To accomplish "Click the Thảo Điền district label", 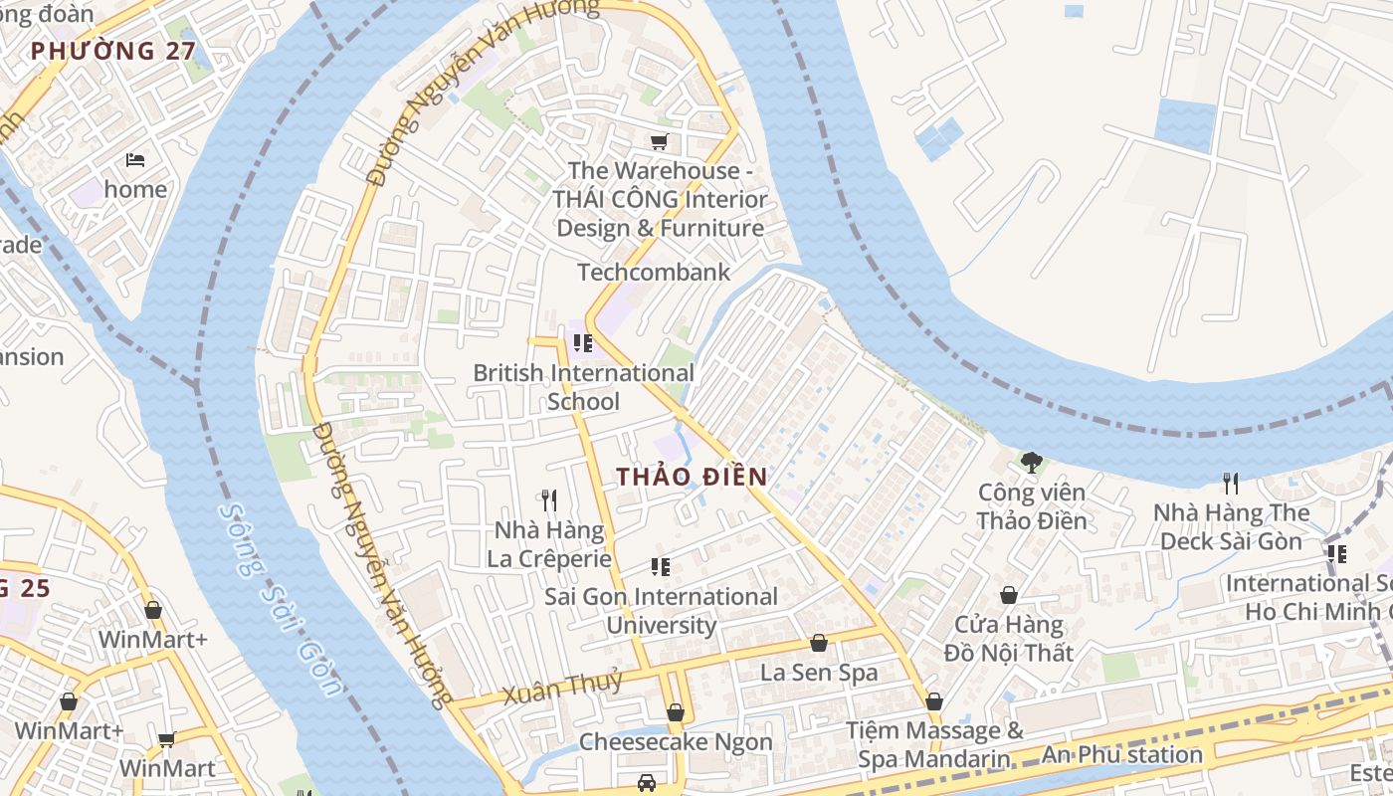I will point(692,477).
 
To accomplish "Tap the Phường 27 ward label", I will point(111,51).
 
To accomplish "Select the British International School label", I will point(583,387).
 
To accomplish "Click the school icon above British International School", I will point(583,343).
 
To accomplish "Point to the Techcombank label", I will point(654,272).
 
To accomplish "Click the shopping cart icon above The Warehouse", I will point(659,141).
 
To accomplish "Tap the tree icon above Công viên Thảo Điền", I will point(1032,462).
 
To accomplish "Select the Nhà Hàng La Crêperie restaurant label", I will point(548,544).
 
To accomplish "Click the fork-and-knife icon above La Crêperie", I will point(548,498).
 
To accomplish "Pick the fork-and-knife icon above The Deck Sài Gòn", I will point(1231,484).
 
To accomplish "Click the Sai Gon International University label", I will point(661,610).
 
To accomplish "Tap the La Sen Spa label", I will point(819,673).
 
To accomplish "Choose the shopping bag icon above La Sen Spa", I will point(819,643).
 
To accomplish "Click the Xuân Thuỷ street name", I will point(562,687).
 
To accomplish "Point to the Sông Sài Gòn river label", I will point(280,598).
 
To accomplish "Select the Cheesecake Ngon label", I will point(676,742).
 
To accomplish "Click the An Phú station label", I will point(1121,754).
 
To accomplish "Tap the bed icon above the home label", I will point(135,159).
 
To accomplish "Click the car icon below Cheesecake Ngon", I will point(647,783).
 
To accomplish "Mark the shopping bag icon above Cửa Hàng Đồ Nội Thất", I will point(1008,595).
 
